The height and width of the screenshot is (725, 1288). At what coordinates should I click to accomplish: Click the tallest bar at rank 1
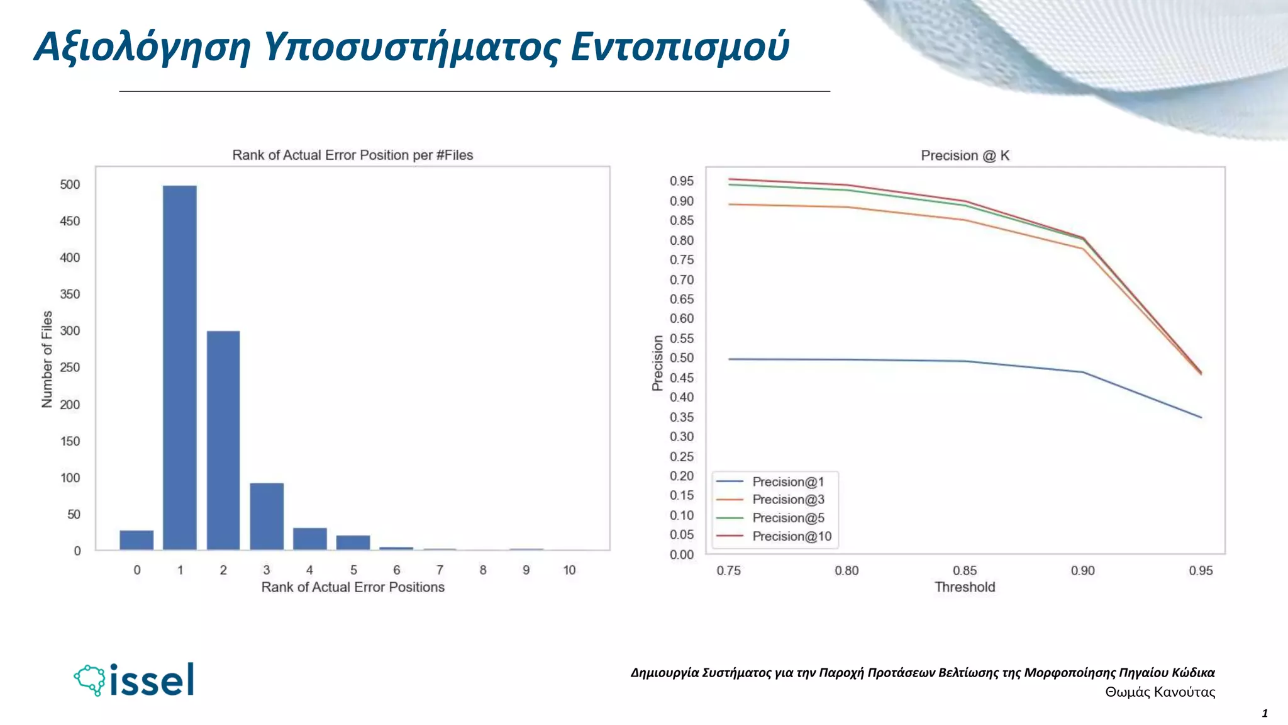180,368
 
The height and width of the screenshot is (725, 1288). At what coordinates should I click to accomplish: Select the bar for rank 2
223,441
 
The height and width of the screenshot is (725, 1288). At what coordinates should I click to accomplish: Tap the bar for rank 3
267,517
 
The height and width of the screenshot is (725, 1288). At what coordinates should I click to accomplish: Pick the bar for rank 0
136,540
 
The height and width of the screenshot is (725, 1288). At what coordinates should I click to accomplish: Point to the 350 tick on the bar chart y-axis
70,294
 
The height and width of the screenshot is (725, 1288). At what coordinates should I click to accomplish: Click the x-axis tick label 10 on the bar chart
569,570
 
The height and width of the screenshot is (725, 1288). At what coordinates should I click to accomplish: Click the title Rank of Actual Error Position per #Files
352,155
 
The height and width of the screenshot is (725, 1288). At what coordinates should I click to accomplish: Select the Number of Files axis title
47,359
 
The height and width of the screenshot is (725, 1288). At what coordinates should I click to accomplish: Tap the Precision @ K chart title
965,155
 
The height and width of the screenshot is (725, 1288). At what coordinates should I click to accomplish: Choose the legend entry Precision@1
787,482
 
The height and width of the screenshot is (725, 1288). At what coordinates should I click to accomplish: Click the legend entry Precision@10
791,536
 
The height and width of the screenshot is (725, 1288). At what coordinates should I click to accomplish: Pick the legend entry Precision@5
788,518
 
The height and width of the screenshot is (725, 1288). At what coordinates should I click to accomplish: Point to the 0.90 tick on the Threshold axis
1082,571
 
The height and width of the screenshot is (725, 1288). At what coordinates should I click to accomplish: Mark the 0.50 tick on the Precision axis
682,358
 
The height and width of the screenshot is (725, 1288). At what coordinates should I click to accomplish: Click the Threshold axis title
964,587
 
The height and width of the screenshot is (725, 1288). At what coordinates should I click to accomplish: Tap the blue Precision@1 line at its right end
1200,417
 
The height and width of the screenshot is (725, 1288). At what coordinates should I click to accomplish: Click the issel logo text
152,680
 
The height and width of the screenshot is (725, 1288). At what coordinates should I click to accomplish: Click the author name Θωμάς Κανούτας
1160,692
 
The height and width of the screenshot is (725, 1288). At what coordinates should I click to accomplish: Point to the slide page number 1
1265,714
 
